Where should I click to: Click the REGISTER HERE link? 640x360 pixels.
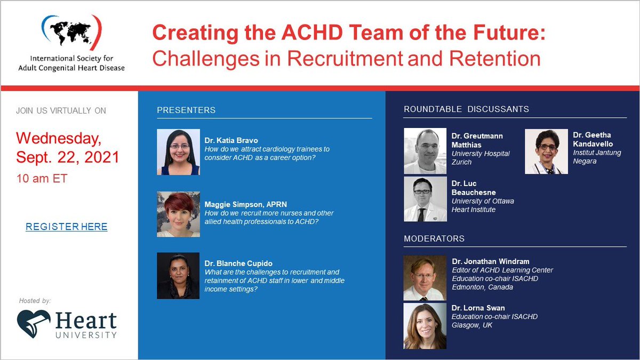point(67,227)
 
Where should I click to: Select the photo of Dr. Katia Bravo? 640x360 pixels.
point(178,152)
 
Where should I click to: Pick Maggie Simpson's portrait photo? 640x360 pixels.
point(178,214)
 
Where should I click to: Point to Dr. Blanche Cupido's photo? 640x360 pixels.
point(178,276)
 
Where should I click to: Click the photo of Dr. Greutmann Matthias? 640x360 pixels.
point(425,151)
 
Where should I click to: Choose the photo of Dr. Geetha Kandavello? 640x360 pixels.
point(546,151)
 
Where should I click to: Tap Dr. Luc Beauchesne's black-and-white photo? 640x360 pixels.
point(425,199)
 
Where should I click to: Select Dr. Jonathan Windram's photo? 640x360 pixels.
point(425,278)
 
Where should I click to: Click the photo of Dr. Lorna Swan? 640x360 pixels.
point(425,326)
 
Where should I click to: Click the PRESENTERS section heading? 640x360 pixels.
point(186,110)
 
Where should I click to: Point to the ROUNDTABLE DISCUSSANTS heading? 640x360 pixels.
point(466,109)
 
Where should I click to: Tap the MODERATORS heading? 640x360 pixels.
point(434,238)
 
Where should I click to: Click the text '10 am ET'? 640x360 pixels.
point(42,179)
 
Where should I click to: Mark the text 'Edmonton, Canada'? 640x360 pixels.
point(482,287)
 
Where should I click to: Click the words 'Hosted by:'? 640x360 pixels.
point(35,301)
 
